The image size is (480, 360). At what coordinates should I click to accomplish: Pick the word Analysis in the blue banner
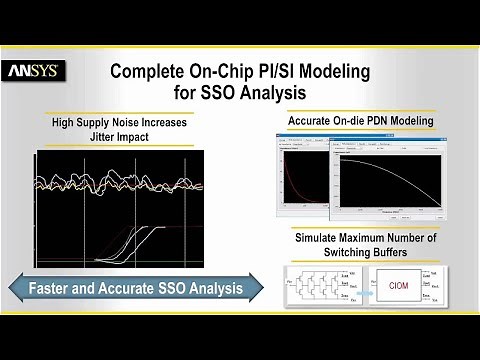[x=209, y=288]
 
